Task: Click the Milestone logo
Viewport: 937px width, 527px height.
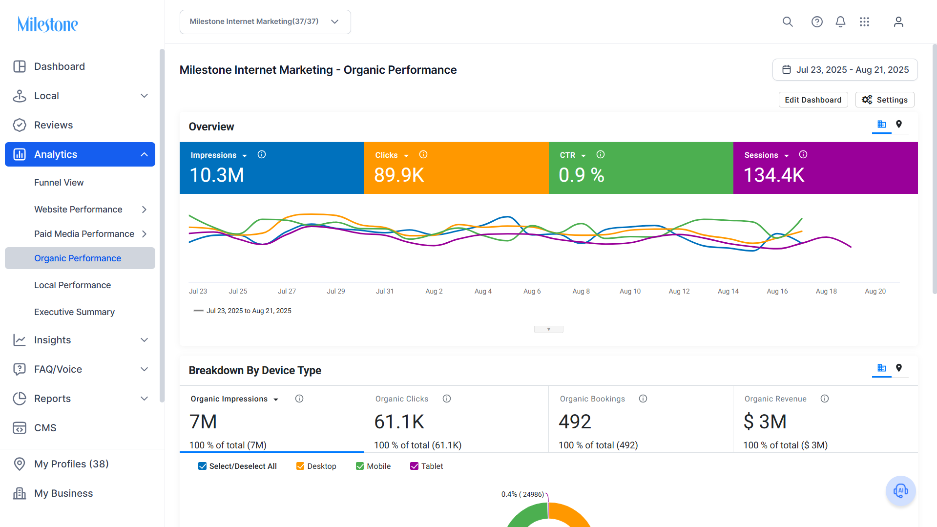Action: coord(48,24)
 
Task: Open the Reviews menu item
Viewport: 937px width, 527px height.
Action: coord(53,125)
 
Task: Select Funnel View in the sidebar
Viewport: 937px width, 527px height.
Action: coord(59,182)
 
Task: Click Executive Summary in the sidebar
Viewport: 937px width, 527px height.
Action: coord(74,312)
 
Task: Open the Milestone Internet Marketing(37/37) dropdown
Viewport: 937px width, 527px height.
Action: coord(265,22)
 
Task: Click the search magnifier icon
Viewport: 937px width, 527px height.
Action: coord(788,22)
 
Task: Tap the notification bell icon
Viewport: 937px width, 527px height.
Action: coord(840,22)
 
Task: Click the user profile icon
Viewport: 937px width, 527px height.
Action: coord(898,22)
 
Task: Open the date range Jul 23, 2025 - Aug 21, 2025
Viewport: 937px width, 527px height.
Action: coord(845,70)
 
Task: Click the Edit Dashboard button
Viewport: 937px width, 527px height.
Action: coord(813,100)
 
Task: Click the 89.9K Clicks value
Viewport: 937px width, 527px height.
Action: coord(399,175)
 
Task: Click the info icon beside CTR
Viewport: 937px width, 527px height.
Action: coord(601,154)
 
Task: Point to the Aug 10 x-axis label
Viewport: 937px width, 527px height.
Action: coord(630,291)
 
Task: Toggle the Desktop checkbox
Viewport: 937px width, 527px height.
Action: coord(300,466)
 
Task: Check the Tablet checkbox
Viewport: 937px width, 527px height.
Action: coord(414,466)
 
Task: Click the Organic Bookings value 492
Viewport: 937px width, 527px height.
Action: coord(575,422)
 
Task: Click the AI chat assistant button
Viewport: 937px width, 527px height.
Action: coord(900,491)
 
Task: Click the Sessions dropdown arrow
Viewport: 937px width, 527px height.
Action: coord(786,156)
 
